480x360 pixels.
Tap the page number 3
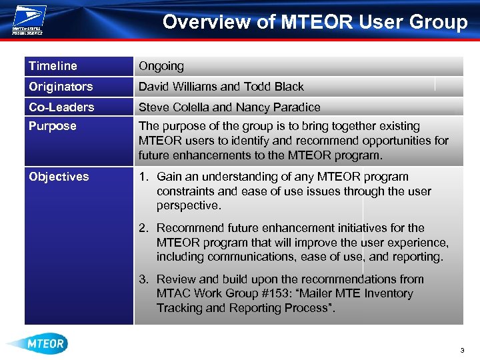click(x=461, y=351)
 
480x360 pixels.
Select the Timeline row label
click(x=53, y=66)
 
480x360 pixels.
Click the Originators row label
click(x=61, y=87)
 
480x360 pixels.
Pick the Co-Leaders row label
click(x=61, y=107)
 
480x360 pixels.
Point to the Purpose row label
click(x=53, y=126)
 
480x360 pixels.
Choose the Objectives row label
click(x=59, y=177)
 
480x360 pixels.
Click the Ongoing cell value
click(x=161, y=66)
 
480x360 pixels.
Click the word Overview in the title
click(x=207, y=22)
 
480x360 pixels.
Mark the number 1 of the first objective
click(x=143, y=177)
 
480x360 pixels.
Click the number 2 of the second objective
click(x=143, y=228)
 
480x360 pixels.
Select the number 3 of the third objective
click(x=143, y=279)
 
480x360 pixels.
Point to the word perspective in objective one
click(x=189, y=206)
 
